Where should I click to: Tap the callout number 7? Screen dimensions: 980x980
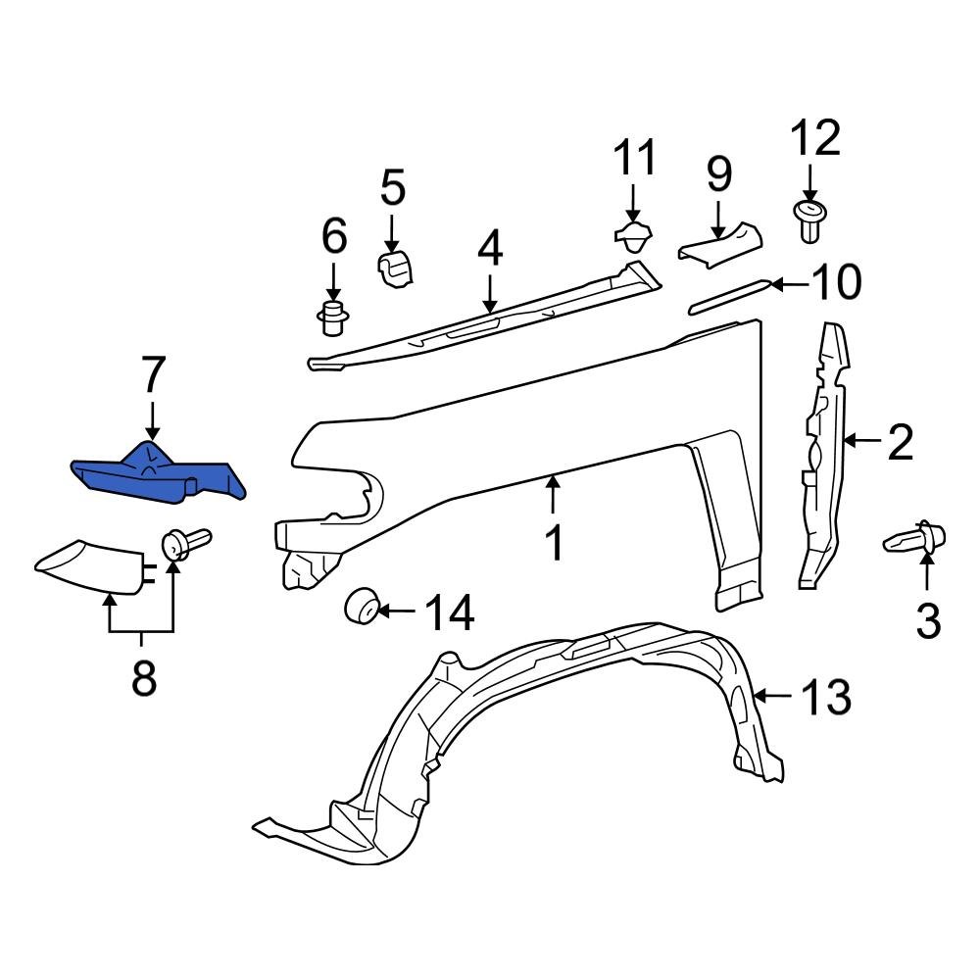tap(153, 375)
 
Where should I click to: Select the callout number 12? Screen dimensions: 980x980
tap(815, 139)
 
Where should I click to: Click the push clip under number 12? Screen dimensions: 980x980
tap(809, 220)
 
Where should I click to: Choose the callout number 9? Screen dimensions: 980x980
tap(718, 173)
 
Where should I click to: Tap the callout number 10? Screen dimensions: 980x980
tap(836, 283)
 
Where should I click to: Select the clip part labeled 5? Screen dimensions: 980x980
tap(396, 269)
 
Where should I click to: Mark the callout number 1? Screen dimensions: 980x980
tap(555, 543)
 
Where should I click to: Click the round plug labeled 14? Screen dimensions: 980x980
tap(361, 607)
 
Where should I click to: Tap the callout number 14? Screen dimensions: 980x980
tap(450, 614)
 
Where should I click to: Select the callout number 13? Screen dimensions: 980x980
tap(825, 699)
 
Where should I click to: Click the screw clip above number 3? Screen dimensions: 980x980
tap(915, 538)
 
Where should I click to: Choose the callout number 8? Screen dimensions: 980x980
tap(144, 678)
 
